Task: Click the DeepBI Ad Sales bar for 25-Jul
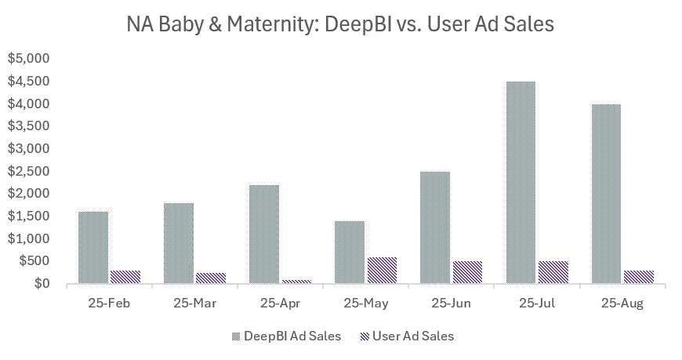[x=521, y=182]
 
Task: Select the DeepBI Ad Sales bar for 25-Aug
[x=606, y=194]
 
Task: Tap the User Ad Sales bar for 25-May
[x=382, y=270]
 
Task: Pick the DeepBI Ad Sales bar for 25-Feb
[x=94, y=247]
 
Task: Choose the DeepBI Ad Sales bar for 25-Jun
[x=435, y=227]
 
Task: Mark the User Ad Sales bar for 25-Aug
[x=638, y=277]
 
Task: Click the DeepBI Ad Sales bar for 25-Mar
[x=180, y=243]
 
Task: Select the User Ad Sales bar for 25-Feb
[x=125, y=277]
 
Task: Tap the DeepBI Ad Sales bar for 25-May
[x=350, y=252]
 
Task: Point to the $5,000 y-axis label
[x=28, y=58]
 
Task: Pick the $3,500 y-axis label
[x=28, y=125]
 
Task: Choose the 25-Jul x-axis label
[x=537, y=304]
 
